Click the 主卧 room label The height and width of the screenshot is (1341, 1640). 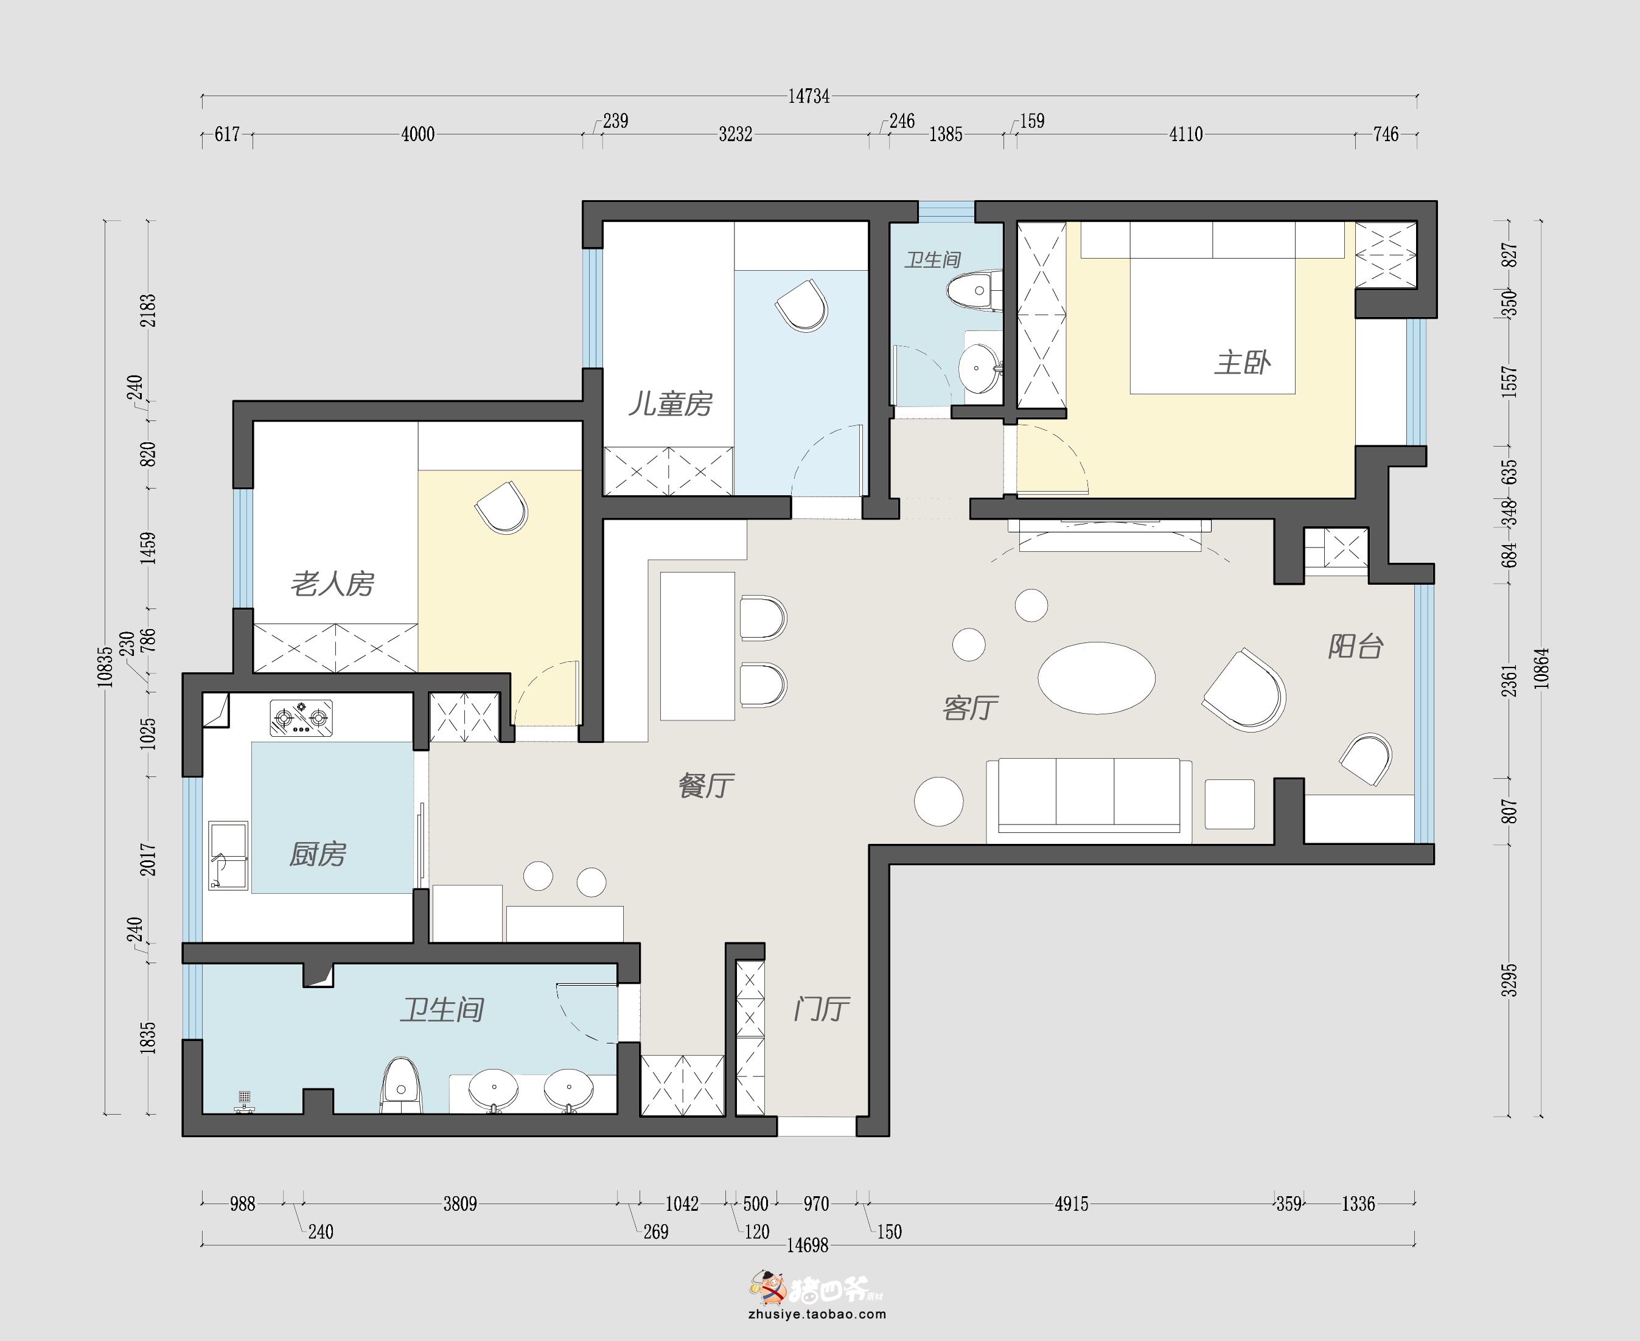(x=1242, y=362)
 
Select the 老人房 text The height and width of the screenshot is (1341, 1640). (x=332, y=584)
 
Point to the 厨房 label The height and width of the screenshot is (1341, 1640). (x=318, y=854)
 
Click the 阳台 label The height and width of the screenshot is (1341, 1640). (x=1356, y=647)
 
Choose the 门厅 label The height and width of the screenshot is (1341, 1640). (x=822, y=1009)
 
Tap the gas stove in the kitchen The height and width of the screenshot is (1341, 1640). (x=301, y=717)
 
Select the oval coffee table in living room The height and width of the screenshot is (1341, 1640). (x=1096, y=677)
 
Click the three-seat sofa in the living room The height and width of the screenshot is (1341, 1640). (x=1089, y=800)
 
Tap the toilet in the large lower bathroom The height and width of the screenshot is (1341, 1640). (x=401, y=1085)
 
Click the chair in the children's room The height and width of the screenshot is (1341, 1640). (x=802, y=306)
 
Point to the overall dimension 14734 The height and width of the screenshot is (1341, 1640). (x=809, y=97)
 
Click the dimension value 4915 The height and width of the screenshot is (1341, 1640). (x=1072, y=1203)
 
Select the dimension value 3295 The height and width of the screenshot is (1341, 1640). (x=1509, y=980)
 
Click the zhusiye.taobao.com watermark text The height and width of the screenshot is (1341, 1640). (x=817, y=1314)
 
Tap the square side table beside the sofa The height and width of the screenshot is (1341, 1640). (x=1229, y=804)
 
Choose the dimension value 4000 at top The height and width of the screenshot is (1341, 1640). (x=418, y=134)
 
